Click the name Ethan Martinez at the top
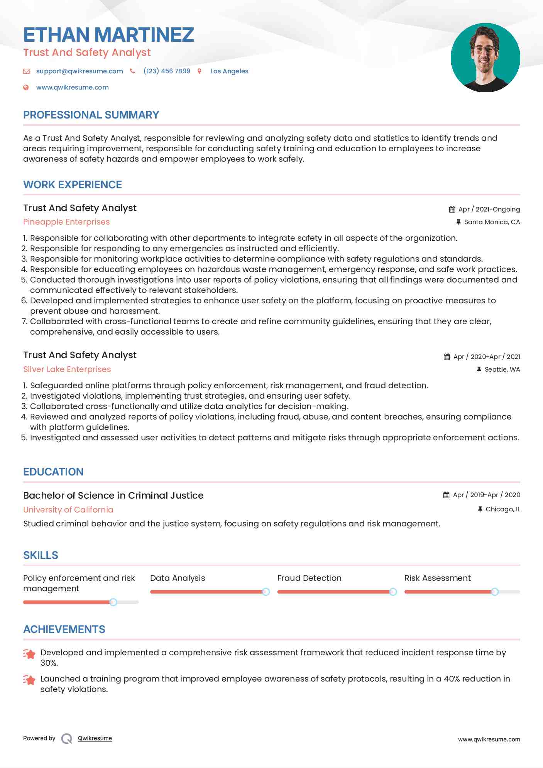(108, 35)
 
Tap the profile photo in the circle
(485, 58)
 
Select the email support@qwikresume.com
(80, 71)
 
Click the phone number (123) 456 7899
(167, 71)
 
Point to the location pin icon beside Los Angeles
(200, 71)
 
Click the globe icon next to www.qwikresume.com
(26, 87)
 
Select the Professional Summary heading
(91, 115)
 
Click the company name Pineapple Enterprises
(66, 222)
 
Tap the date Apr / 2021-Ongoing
(489, 209)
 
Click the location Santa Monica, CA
(492, 222)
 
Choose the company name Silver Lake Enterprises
(67, 369)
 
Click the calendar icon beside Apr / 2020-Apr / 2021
(447, 357)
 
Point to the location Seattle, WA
(502, 369)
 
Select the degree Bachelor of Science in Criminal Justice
(113, 495)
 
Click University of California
(68, 510)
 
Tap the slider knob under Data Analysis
(266, 592)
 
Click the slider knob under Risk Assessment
(494, 592)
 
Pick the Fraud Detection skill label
(309, 578)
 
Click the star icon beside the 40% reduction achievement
(29, 680)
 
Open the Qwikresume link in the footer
(95, 738)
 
